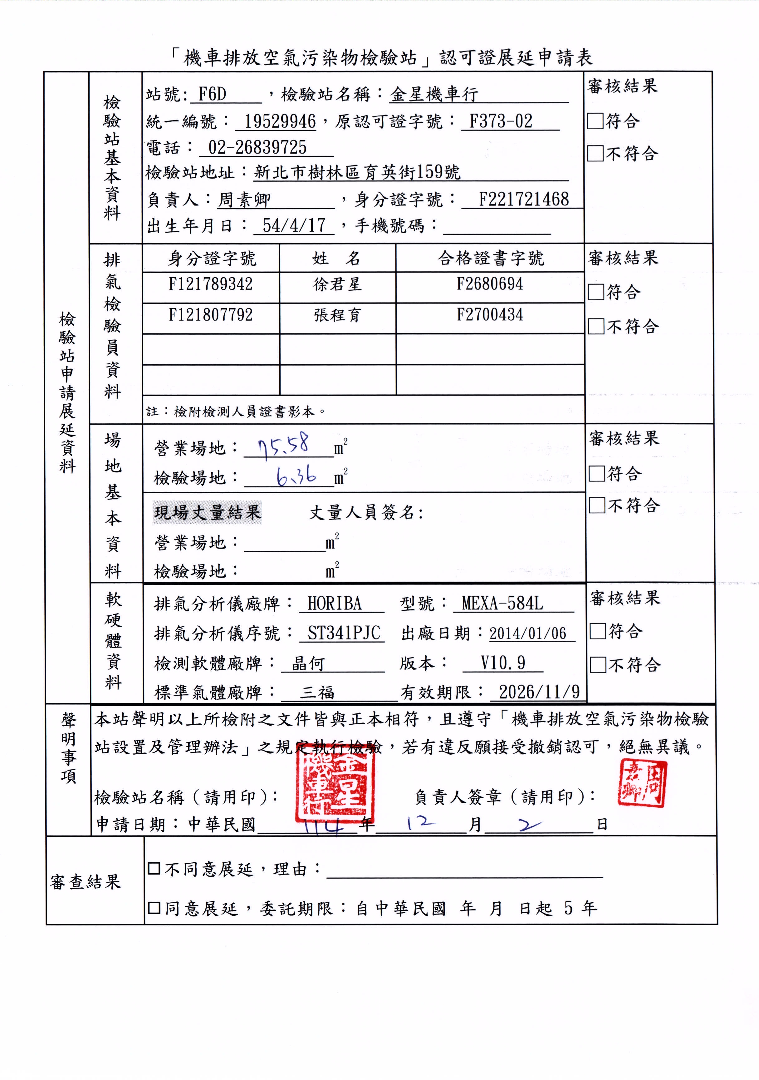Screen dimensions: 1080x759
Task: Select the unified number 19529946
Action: (x=280, y=121)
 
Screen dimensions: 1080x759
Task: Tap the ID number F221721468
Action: (x=523, y=200)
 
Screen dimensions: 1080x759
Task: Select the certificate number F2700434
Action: (x=490, y=315)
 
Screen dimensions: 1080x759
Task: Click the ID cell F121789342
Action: (x=211, y=284)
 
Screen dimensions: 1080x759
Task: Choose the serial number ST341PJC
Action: (x=344, y=633)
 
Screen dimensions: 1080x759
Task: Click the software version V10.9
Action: (x=502, y=663)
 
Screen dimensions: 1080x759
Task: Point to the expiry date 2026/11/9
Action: (x=539, y=692)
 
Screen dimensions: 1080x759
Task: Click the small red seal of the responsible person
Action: (x=642, y=784)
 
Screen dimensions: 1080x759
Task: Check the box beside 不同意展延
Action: (x=154, y=868)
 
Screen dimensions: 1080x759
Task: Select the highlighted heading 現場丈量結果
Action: (x=207, y=512)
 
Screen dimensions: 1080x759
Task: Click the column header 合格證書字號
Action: (x=491, y=258)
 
